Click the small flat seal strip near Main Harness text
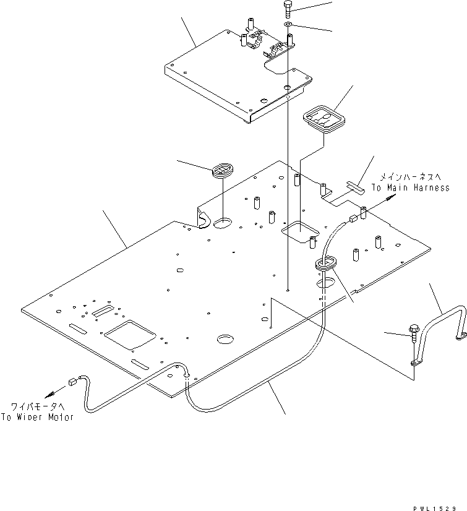point(356,185)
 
